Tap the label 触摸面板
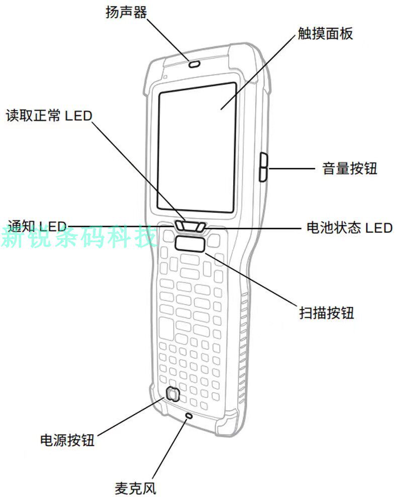(x=325, y=34)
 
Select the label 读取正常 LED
(x=49, y=116)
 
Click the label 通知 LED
(x=37, y=226)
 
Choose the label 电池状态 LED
(x=349, y=227)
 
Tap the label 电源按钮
(x=67, y=441)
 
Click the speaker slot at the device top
(x=193, y=64)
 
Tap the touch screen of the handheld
(x=196, y=146)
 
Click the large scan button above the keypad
(x=190, y=244)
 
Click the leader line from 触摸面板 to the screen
(x=256, y=73)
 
